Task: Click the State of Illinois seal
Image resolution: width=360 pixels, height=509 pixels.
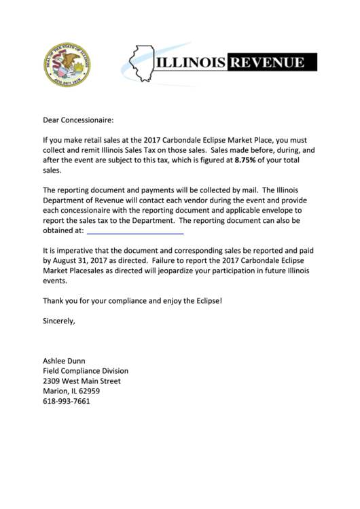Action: pyautogui.click(x=66, y=66)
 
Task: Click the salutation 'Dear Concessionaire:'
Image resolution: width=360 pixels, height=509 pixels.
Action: pyautogui.click(x=79, y=120)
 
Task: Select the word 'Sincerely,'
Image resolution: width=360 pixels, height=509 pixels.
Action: pyautogui.click(x=59, y=319)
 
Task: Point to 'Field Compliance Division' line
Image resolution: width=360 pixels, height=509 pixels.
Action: pyautogui.click(x=86, y=371)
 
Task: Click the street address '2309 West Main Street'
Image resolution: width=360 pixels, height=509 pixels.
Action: pyautogui.click(x=82, y=381)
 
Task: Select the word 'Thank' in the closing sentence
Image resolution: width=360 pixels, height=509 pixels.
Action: pyautogui.click(x=55, y=300)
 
